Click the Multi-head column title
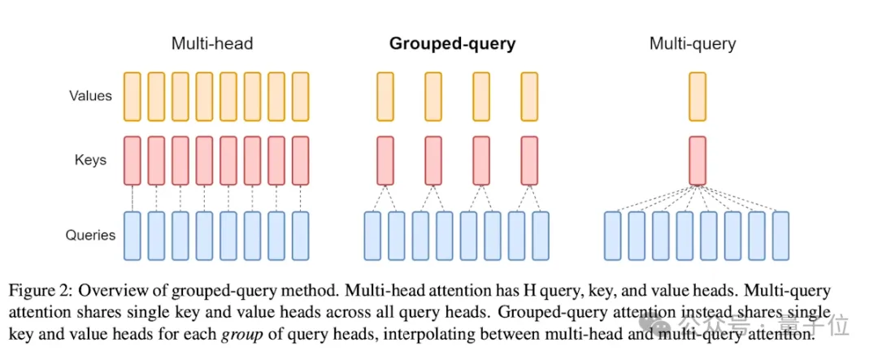tap(212, 44)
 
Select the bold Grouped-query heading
tap(453, 44)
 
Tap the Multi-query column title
tap(693, 44)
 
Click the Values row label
tap(91, 96)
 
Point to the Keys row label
tap(91, 160)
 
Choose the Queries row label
tap(91, 235)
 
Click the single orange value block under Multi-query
tap(698, 97)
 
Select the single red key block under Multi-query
tap(698, 160)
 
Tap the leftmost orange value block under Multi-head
tap(133, 97)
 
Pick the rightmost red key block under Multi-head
tap(301, 160)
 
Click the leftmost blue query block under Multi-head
tap(133, 236)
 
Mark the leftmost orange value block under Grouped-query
tap(385, 97)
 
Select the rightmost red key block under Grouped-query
tap(529, 160)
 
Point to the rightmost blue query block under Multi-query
tap(780, 236)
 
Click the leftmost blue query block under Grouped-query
tap(373, 236)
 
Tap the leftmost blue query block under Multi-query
tap(613, 236)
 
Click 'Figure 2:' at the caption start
tap(41, 291)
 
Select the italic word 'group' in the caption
tap(237, 336)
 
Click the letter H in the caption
tap(526, 291)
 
